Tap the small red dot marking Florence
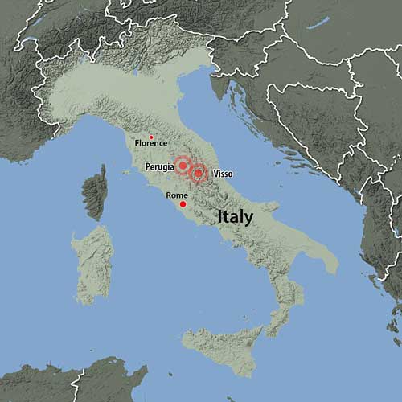151,137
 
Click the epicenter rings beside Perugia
183,166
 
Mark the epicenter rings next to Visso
198,172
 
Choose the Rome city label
177,195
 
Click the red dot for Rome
183,204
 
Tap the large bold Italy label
235,217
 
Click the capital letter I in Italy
219,217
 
